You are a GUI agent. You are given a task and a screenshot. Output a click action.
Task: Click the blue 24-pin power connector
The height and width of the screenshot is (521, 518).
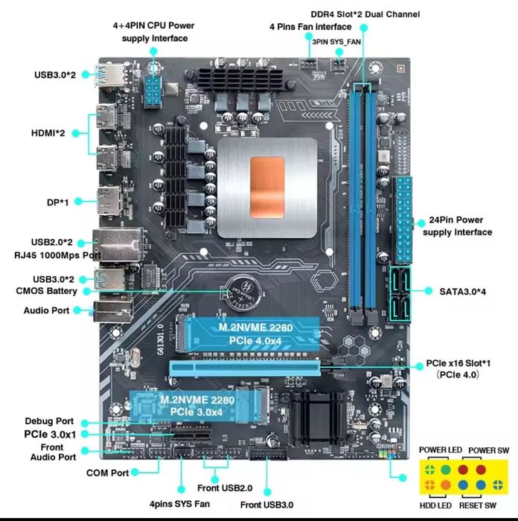(x=404, y=216)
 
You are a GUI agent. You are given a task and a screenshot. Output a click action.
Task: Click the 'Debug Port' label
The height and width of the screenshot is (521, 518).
(x=50, y=421)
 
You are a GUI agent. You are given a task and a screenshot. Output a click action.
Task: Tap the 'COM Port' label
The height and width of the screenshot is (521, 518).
(x=107, y=473)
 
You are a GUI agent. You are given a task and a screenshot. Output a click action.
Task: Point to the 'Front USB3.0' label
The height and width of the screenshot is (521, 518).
(x=267, y=505)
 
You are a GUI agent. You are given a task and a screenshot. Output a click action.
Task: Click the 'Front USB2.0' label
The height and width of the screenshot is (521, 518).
(x=226, y=488)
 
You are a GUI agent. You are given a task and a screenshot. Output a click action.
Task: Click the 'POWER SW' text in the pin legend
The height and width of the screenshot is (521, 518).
(x=487, y=450)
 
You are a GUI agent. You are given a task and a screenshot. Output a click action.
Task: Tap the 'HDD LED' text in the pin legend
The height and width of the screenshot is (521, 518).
(x=436, y=506)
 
